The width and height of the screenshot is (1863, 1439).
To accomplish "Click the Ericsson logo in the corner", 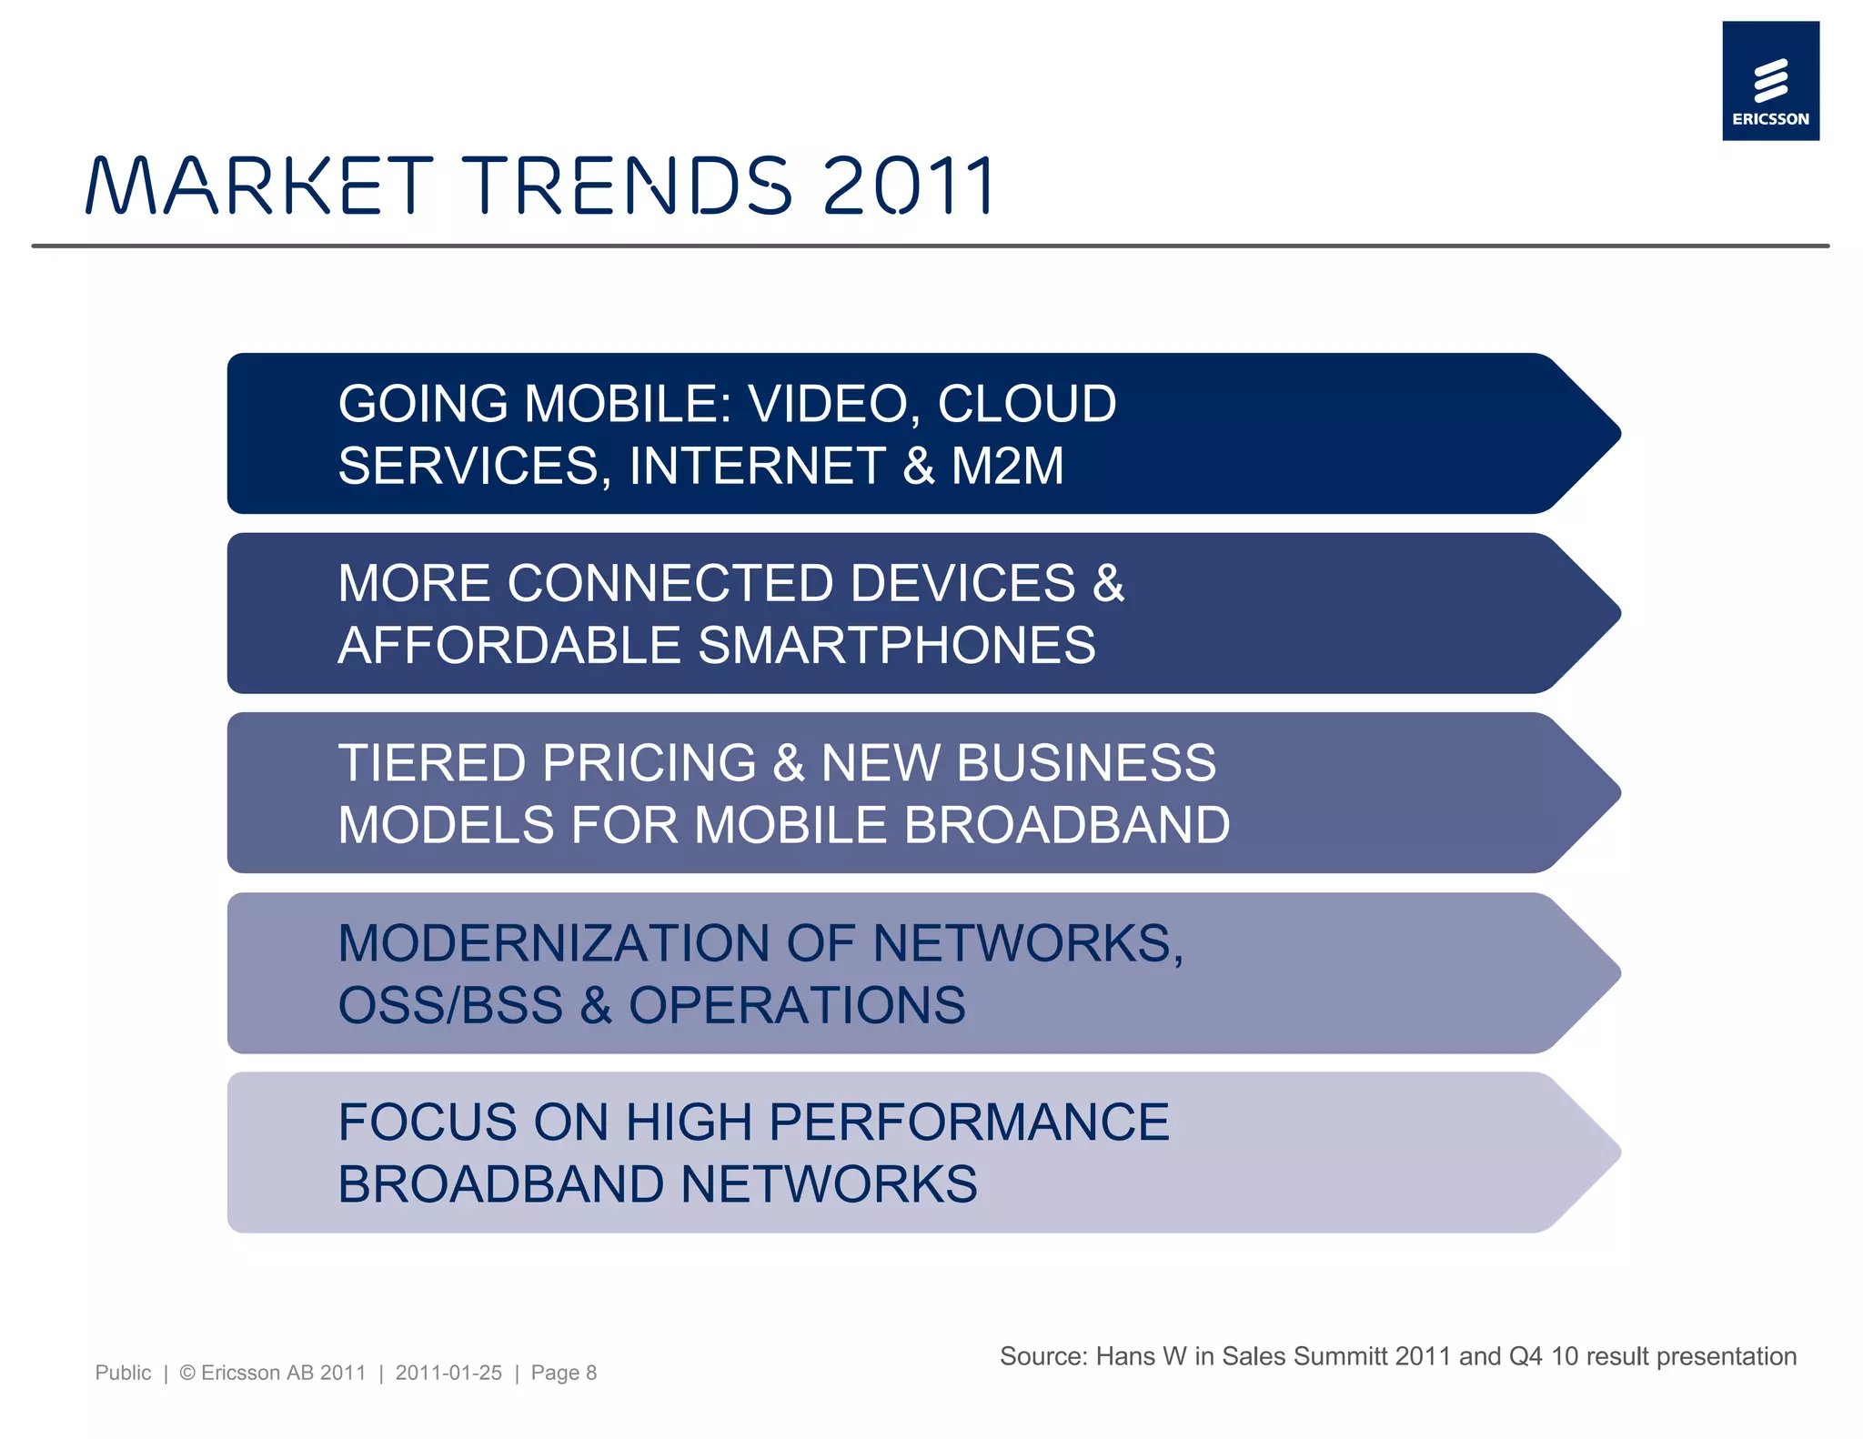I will tap(1769, 81).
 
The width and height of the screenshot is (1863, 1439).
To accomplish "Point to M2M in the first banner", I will tap(1007, 466).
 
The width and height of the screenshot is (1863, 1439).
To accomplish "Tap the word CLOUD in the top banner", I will tap(1026, 404).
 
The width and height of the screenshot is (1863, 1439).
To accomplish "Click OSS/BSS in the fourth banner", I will tap(450, 1005).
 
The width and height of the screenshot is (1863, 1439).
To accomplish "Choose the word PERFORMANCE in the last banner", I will tap(969, 1122).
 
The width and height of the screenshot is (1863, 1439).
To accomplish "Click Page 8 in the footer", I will tap(563, 1373).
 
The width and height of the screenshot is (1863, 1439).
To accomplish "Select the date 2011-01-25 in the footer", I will tap(448, 1373).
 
